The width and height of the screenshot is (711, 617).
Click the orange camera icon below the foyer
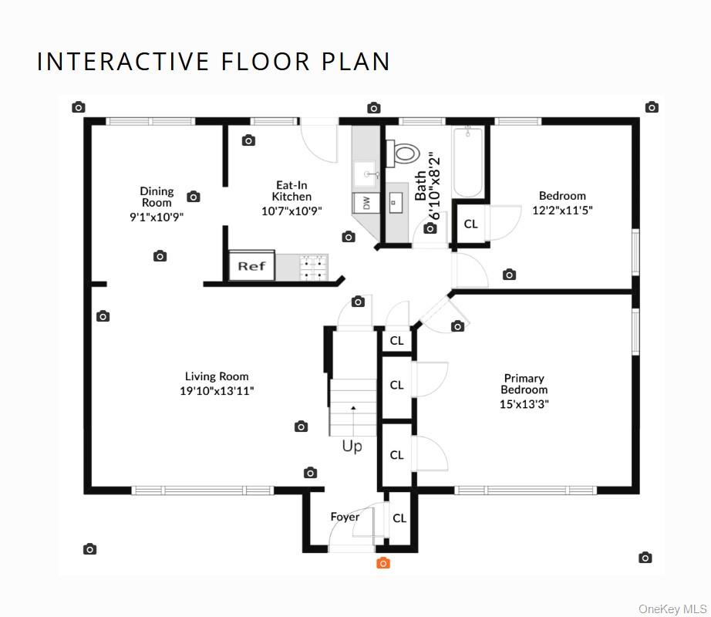383,563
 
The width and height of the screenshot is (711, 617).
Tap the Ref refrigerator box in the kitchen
251,265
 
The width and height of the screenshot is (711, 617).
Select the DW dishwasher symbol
366,203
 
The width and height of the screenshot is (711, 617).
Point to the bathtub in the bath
468,161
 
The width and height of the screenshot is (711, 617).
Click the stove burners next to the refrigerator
314,268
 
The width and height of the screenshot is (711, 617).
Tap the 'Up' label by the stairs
352,447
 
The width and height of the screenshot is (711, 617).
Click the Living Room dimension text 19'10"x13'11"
217,391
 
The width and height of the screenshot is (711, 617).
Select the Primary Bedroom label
524,384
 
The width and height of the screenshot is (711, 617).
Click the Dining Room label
157,197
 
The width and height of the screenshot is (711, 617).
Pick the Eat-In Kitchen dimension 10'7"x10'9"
291,211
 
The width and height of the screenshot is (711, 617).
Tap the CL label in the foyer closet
399,518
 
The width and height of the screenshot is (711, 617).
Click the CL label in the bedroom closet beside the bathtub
470,224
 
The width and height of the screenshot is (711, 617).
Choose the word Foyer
345,517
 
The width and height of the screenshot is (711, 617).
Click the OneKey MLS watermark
672,609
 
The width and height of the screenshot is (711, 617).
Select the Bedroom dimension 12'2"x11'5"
562,210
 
